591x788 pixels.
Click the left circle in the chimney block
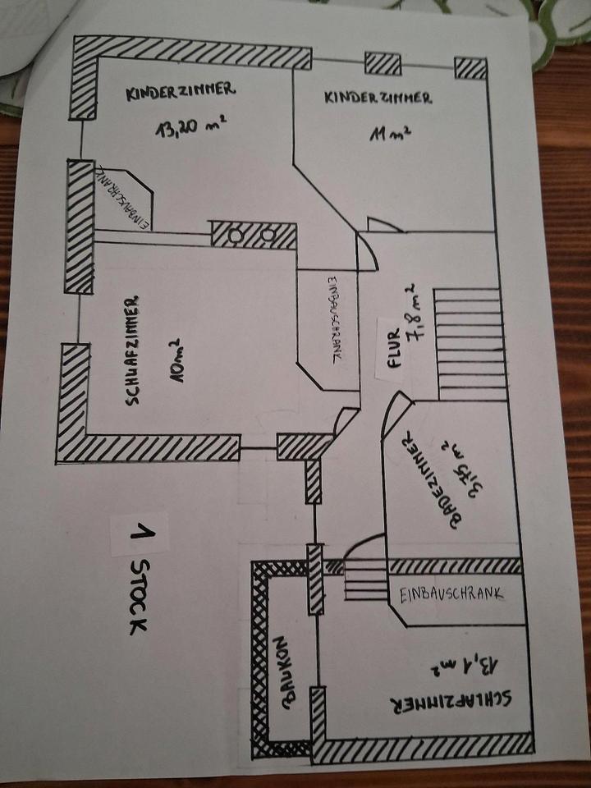pyautogui.click(x=236, y=235)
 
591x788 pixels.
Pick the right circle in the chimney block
pyautogui.click(x=268, y=235)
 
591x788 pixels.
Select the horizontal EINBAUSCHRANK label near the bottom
pyautogui.click(x=451, y=595)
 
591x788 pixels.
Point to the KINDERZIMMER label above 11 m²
pyautogui.click(x=378, y=98)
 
